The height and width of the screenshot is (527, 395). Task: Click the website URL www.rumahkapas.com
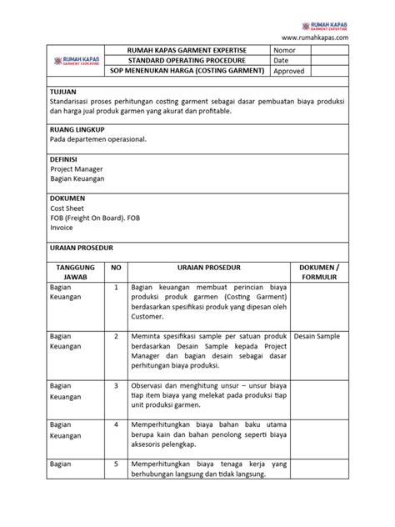tap(315, 38)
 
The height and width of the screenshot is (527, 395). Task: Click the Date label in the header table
tap(282, 60)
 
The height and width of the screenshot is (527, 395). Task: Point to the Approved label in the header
tap(289, 72)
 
